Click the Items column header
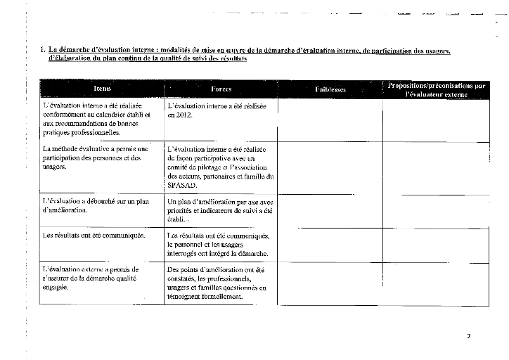point(102,89)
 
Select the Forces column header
point(221,89)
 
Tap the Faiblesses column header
point(330,89)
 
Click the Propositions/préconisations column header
point(436,89)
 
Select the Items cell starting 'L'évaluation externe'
point(91,278)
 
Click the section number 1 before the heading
point(42,50)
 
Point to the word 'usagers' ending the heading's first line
point(436,51)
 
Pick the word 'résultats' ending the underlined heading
point(232,59)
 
